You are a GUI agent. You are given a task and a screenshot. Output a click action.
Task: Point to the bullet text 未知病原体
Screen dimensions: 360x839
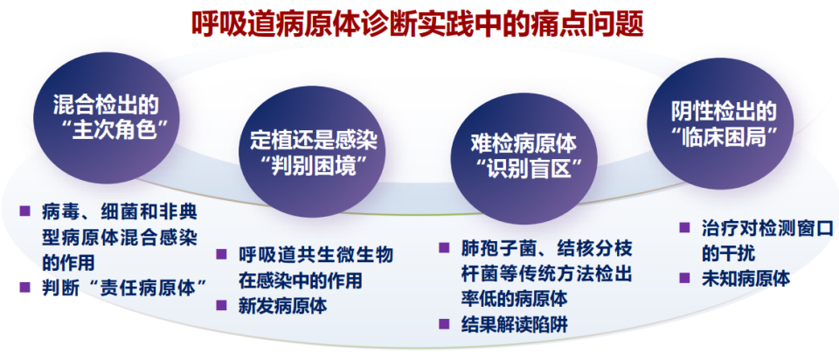click(745, 279)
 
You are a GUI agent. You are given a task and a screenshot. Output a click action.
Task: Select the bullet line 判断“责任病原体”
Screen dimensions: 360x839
click(128, 286)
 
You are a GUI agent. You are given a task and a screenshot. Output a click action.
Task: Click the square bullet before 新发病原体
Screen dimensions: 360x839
click(222, 306)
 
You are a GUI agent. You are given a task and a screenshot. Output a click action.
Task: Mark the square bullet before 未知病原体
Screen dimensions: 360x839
click(686, 279)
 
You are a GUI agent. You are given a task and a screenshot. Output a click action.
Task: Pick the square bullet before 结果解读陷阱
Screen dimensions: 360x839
click(444, 327)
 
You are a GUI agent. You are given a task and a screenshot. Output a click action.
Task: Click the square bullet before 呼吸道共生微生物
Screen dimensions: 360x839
click(222, 255)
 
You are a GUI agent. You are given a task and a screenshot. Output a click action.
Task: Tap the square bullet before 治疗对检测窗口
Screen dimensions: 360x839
click(686, 228)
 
